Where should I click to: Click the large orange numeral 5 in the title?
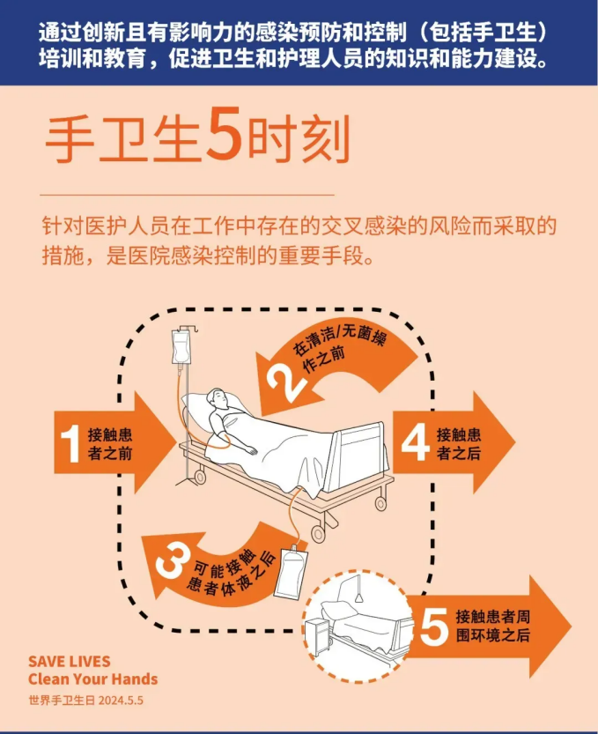pos(224,133)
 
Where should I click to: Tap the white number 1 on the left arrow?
pos(70,443)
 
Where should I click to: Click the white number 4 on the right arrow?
pos(416,442)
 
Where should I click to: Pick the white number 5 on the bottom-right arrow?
pos(434,626)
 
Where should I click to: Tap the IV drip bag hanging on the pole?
pos(181,346)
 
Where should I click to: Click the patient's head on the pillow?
pos(218,399)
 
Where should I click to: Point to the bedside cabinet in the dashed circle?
pos(318,636)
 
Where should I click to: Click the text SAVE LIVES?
pos(70,662)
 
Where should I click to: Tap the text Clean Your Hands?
pos(93,678)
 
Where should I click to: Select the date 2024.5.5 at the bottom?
pos(121,701)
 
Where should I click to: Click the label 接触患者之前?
pos(110,444)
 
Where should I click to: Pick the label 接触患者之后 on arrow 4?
pos(459,444)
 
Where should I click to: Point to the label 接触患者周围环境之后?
pos(493,626)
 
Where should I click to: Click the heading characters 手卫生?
pos(122,138)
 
